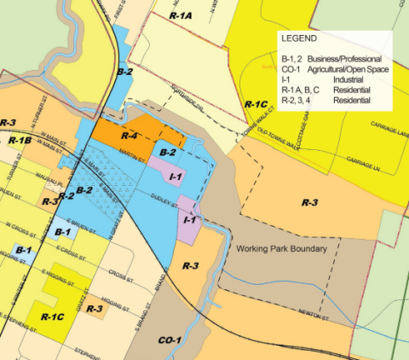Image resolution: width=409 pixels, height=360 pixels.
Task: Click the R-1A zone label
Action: tap(181, 15)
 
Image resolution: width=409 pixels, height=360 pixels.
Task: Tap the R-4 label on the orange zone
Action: tap(130, 135)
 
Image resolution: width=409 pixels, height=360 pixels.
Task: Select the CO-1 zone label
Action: tap(170, 340)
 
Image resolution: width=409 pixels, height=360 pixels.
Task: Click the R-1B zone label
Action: tap(20, 139)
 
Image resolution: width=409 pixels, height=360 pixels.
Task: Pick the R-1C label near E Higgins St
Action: tap(53, 316)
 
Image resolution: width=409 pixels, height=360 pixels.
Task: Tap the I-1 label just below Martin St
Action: tap(176, 176)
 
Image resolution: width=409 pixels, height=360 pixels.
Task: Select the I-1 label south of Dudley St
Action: tap(191, 219)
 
